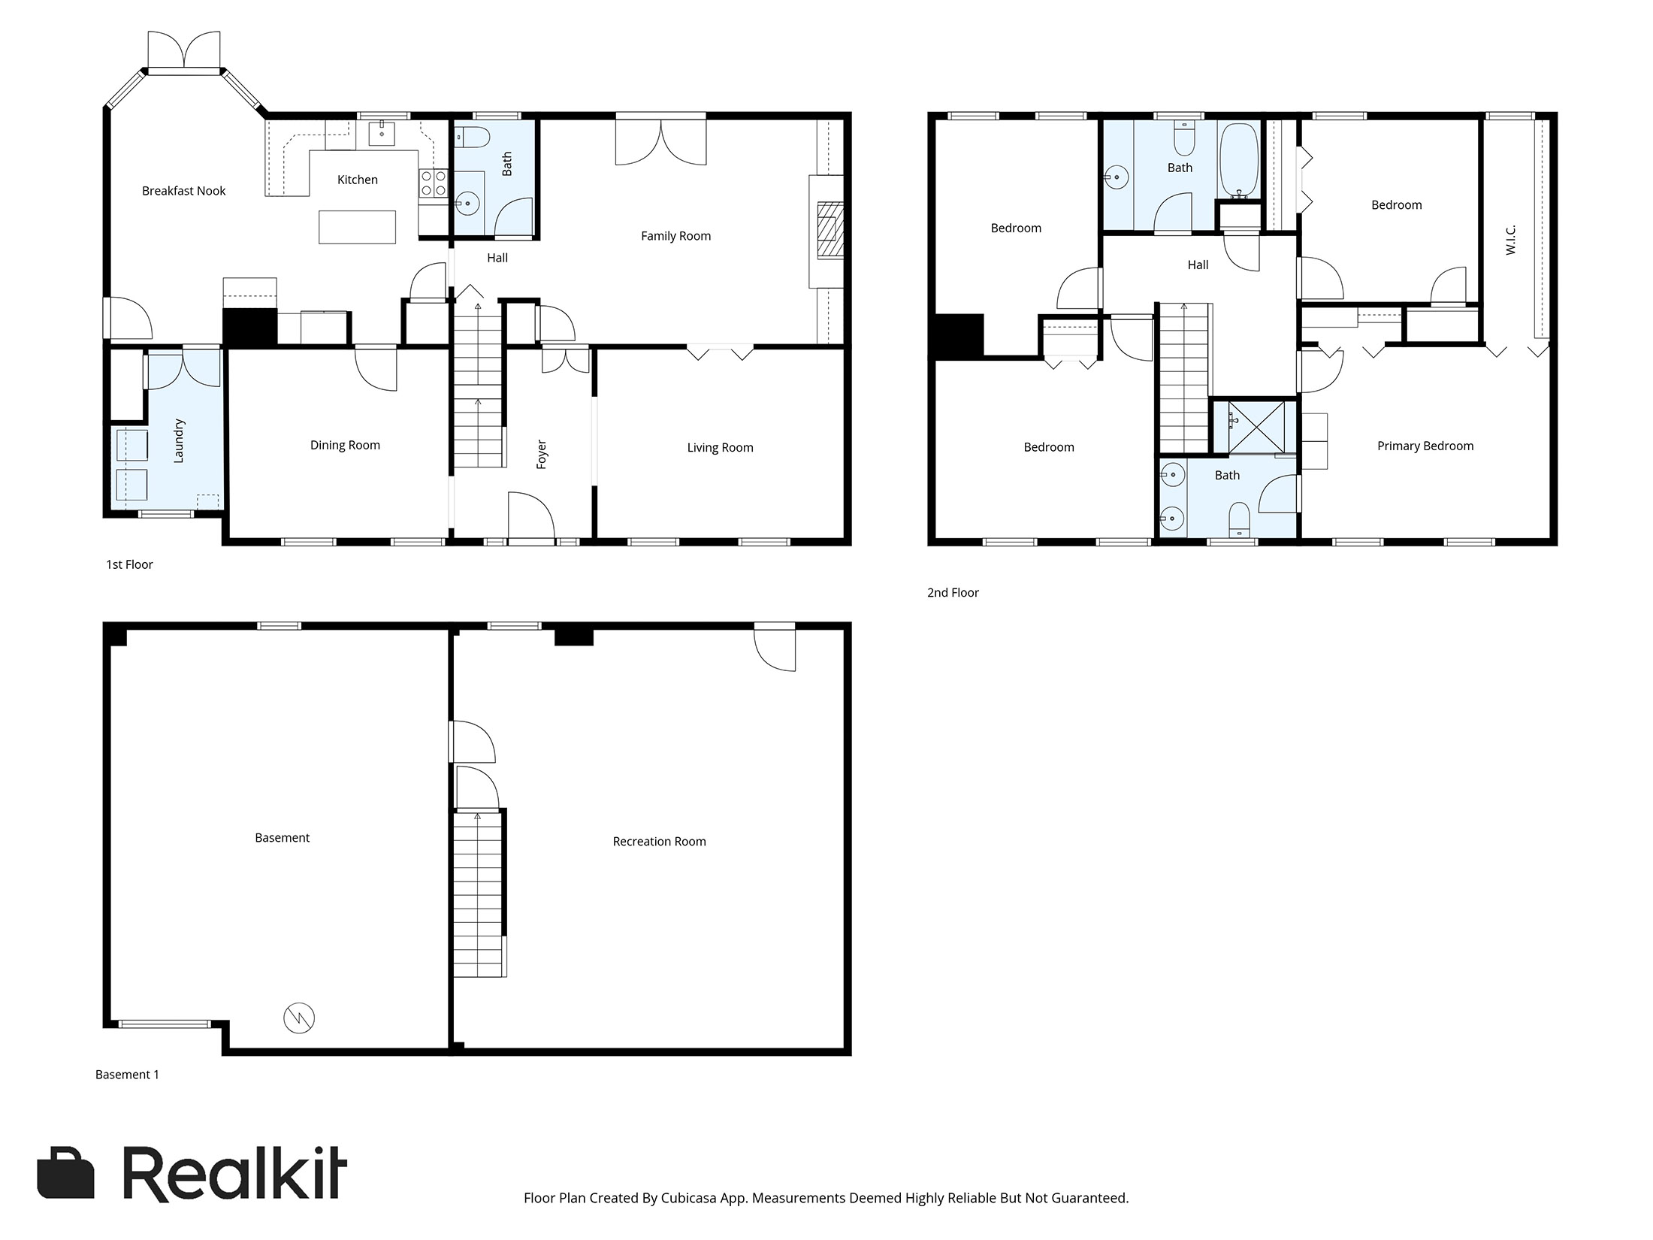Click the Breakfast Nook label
coord(183,191)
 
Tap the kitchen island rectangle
coord(357,227)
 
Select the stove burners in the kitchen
coord(432,183)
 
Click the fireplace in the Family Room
coord(830,230)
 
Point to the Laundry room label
coord(179,441)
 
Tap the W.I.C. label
coord(1511,239)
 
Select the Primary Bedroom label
coord(1425,446)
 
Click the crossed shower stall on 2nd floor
coord(1256,427)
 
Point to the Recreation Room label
coord(659,842)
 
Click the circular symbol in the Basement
coord(298,1018)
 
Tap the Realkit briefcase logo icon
coord(66,1172)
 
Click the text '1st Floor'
coord(129,564)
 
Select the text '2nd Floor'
coord(953,592)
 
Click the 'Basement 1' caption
coord(127,1075)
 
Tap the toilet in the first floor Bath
coord(473,138)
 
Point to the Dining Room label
coord(345,445)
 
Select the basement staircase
coord(478,894)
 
